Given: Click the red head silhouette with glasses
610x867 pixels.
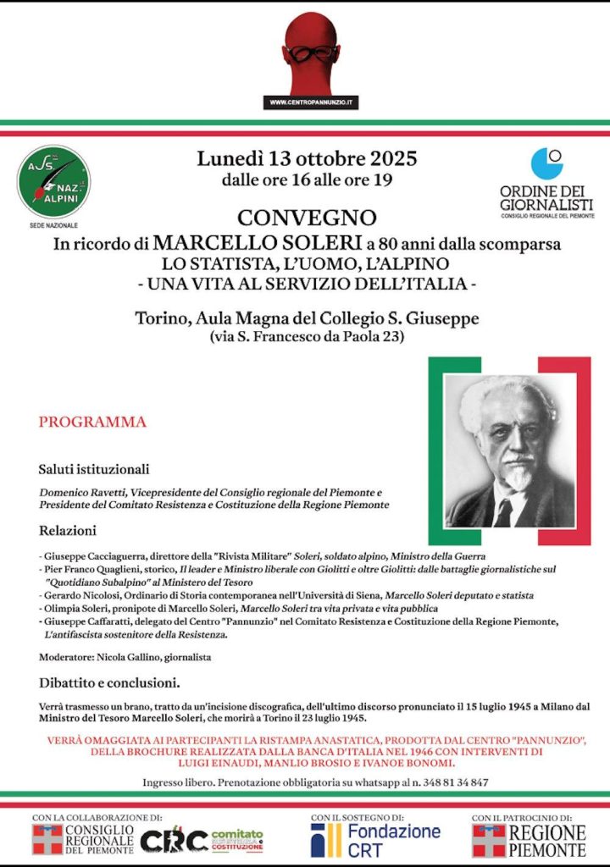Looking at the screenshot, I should click(x=312, y=53).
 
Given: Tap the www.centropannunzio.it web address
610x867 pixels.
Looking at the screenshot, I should click(x=312, y=102).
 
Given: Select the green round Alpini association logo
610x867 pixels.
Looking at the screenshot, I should click(x=53, y=181).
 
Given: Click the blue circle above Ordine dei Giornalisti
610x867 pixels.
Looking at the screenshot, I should click(x=546, y=163).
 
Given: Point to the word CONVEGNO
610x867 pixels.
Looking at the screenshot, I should click(x=307, y=218).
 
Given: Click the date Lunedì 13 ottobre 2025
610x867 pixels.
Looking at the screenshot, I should click(x=307, y=158).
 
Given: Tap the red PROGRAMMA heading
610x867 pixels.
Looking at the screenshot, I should click(x=92, y=422).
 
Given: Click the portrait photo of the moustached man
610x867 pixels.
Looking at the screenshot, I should click(x=509, y=451).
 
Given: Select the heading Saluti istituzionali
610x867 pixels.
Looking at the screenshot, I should click(x=93, y=468).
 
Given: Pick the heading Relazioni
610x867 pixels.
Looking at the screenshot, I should click(x=67, y=531).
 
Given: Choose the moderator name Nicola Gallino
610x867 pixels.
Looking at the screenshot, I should click(x=127, y=657).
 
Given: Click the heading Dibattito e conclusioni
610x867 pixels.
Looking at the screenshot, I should click(x=109, y=682).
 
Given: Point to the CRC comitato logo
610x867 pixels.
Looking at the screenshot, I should click(x=202, y=839).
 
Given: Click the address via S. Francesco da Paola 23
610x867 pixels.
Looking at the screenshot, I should click(x=307, y=338).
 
